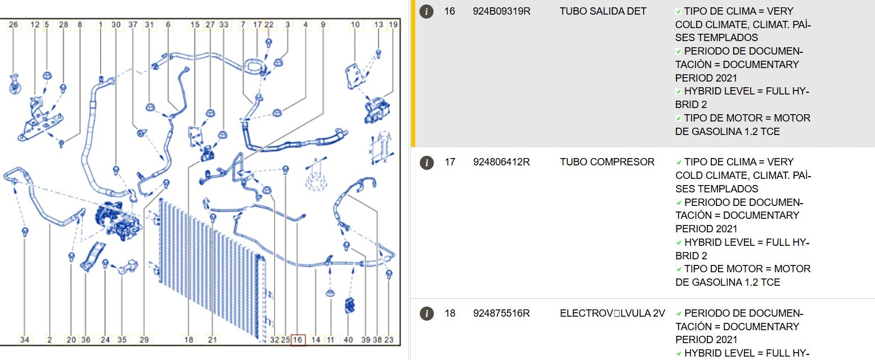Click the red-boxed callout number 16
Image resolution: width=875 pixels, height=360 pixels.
[x=298, y=340]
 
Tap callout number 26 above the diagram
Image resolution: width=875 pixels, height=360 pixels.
[x=14, y=25]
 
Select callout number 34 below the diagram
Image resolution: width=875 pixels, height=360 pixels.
[x=25, y=340]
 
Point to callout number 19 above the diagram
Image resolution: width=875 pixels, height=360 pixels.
[x=393, y=25]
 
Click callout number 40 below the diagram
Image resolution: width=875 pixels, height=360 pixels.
[x=348, y=340]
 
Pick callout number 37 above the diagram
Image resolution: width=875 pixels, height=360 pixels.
[x=133, y=25]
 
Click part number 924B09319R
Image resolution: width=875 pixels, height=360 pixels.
[x=501, y=11]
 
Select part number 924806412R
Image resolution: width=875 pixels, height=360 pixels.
[x=501, y=162]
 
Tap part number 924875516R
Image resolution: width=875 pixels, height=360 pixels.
[x=501, y=313]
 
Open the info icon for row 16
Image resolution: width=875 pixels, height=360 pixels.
[x=427, y=11]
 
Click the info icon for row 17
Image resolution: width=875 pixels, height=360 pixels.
[x=427, y=163]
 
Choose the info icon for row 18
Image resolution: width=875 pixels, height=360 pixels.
[x=427, y=313]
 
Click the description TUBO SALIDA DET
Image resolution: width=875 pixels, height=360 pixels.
[x=603, y=11]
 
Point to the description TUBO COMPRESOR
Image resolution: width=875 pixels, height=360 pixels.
[x=607, y=162]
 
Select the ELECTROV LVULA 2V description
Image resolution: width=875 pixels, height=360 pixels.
[x=612, y=313]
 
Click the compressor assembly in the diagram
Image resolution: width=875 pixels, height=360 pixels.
[x=118, y=220]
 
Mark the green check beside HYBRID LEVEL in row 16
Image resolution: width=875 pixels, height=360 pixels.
[x=679, y=92]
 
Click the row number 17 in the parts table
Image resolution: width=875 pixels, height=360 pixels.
[x=450, y=162]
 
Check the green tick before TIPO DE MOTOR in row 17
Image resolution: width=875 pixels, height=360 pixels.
[x=679, y=270]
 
